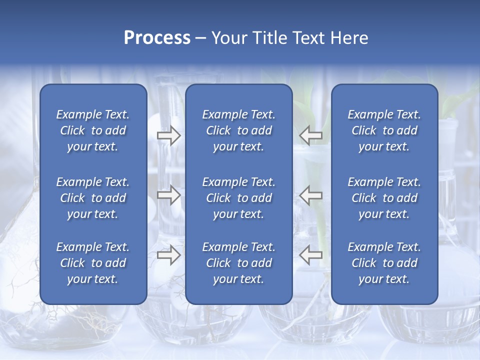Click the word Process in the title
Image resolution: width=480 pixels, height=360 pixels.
tap(157, 38)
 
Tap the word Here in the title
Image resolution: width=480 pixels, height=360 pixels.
tap(349, 38)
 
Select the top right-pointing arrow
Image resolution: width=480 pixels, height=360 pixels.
tap(168, 135)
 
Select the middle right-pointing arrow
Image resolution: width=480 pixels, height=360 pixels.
tap(168, 195)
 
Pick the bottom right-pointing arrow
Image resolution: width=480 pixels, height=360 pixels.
tap(168, 254)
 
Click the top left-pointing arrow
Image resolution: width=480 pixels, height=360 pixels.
tap(311, 135)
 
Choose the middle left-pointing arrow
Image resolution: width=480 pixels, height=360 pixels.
tap(311, 195)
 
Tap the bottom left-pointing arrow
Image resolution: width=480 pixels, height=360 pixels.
tap(311, 254)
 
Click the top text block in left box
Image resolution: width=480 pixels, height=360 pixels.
tap(93, 130)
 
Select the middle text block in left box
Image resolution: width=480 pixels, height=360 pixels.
tap(93, 198)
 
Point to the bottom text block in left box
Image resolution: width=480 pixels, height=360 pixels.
tap(93, 263)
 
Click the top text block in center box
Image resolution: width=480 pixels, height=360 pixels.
tap(239, 130)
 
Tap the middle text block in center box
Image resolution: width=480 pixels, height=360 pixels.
tap(239, 198)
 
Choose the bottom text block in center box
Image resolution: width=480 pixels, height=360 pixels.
tap(239, 263)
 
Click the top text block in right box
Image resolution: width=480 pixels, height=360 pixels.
tap(384, 130)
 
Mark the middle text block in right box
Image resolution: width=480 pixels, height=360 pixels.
tap(384, 198)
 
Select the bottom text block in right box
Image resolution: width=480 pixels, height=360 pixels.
tap(384, 263)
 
